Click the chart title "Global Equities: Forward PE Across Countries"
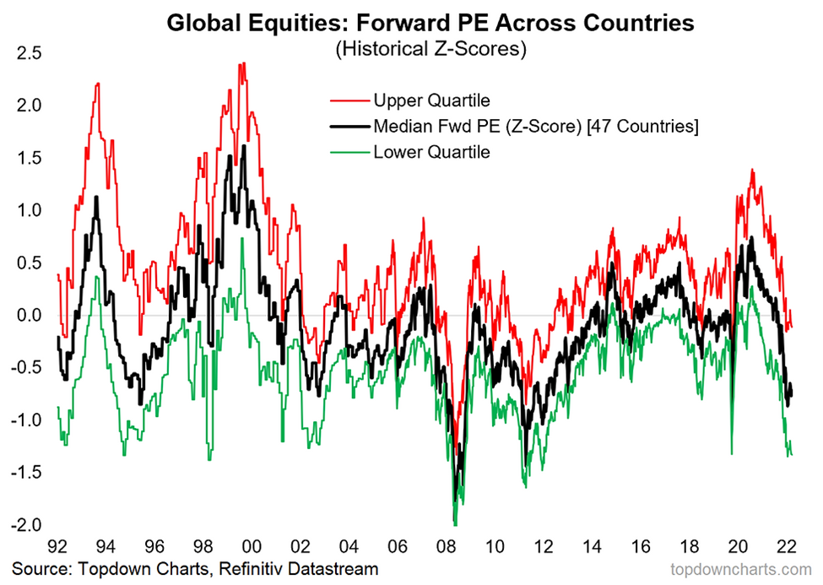click(430, 23)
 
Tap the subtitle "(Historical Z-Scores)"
click(430, 49)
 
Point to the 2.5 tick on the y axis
click(29, 52)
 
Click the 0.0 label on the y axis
click(29, 316)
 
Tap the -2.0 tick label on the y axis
click(25, 526)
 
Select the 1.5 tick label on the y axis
click(29, 158)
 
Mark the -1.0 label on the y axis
click(25, 420)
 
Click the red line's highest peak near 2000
click(242, 63)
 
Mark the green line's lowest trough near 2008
click(455, 524)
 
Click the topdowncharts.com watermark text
click(734, 569)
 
